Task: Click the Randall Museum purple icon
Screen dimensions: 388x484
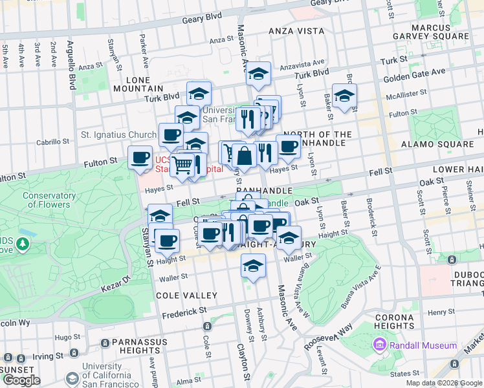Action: click(380, 345)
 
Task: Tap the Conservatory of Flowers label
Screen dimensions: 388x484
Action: click(45, 200)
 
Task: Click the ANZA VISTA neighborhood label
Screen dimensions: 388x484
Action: click(296, 30)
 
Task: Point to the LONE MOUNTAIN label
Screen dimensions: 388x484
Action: click(137, 83)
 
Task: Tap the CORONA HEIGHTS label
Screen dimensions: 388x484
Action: click(394, 322)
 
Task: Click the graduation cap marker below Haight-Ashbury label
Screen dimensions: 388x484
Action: click(253, 264)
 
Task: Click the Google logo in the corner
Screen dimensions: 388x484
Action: click(21, 380)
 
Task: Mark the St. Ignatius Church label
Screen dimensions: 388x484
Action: click(118, 135)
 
